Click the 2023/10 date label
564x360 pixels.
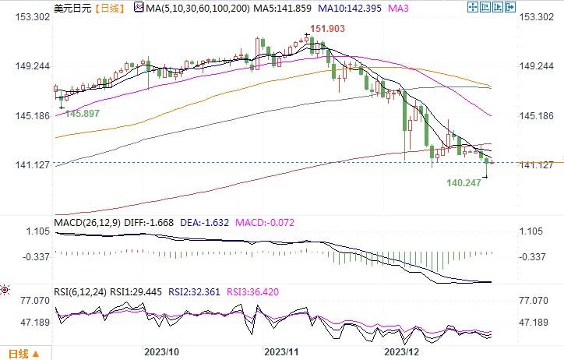[x=160, y=352]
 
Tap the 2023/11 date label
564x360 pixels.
[x=282, y=352]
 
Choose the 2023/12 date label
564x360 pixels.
[x=403, y=352]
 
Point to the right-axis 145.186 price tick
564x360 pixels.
[x=534, y=115]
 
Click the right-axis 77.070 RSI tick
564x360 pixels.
[x=535, y=299]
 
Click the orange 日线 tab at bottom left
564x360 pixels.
[x=16, y=355]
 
